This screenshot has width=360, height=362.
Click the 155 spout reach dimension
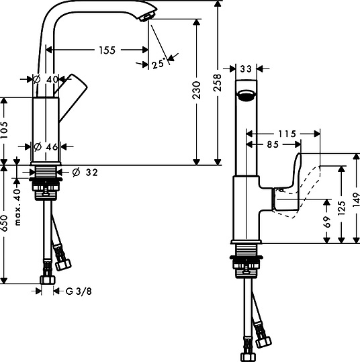pos(107,50)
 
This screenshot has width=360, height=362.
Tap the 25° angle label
pos(159,63)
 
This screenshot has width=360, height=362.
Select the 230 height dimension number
pos(196,90)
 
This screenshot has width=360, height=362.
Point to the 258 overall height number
pos(218,83)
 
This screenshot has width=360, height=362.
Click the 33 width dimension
pos(245,69)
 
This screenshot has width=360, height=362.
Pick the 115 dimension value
pos(287,134)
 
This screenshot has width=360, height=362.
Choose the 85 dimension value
pos(273,144)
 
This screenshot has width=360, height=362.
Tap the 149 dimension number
pos(356,199)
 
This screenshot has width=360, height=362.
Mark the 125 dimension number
pos(341,208)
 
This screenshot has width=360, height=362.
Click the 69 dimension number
pos(326,222)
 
